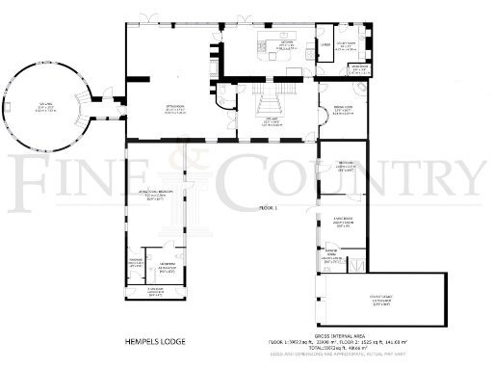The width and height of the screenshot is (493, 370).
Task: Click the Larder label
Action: point(325,44)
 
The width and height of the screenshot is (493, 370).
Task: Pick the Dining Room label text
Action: point(343,110)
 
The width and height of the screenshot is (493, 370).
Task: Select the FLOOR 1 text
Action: point(267,208)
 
